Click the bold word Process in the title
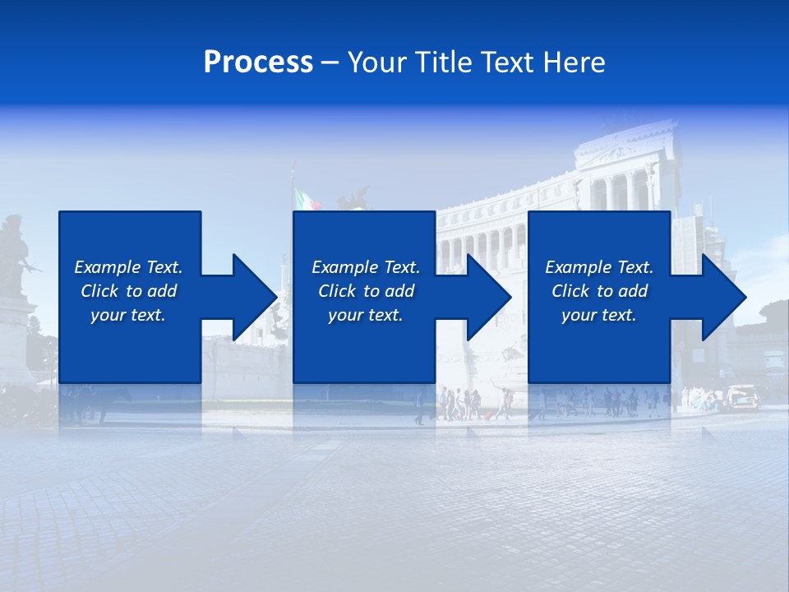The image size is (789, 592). (258, 62)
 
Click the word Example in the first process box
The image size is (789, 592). (107, 267)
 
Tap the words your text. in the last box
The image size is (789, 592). (598, 315)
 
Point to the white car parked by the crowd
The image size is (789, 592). (742, 397)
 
